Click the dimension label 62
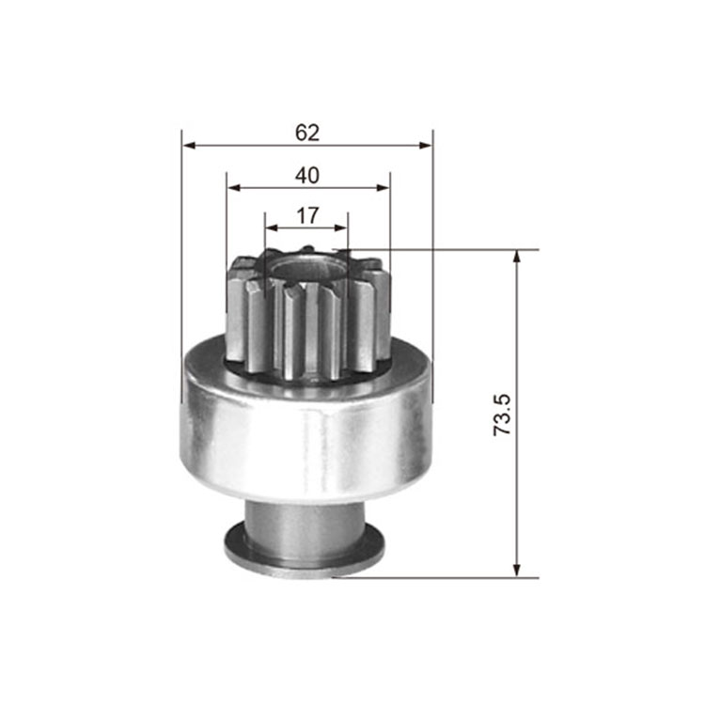[307, 133]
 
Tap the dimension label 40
[307, 176]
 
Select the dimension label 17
[307, 216]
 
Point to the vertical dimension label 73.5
[502, 415]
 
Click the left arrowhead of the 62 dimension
[189, 145]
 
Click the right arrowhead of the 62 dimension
[425, 145]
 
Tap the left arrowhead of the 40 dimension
[234, 187]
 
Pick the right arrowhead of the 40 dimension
[383, 187]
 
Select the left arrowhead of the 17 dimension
[272, 228]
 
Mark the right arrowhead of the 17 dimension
[341, 228]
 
